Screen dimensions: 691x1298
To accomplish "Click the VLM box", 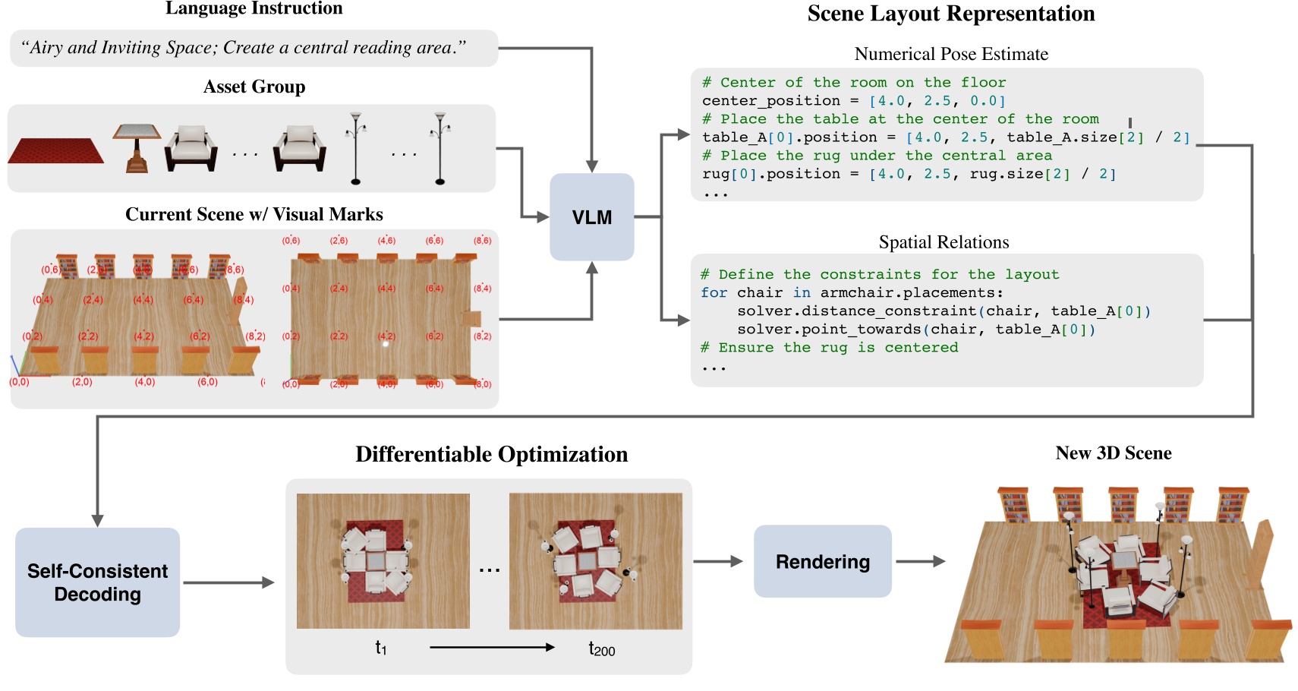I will (591, 217).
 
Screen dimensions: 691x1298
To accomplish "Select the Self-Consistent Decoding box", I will (97, 582).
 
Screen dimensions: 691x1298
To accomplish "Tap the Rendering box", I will (822, 561).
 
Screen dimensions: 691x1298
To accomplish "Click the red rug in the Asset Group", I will (56, 151).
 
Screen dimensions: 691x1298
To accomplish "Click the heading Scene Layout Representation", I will (950, 14).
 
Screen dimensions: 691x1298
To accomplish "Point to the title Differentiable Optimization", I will (491, 454).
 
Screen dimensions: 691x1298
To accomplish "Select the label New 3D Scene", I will (1113, 453).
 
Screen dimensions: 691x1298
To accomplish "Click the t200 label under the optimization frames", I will (601, 648).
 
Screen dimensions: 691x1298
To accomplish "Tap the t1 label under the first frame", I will (381, 648).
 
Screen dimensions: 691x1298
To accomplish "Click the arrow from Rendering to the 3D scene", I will (920, 562).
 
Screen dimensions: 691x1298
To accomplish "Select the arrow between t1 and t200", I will (492, 648).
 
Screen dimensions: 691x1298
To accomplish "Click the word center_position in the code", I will (770, 101).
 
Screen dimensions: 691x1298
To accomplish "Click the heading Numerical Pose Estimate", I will (950, 54).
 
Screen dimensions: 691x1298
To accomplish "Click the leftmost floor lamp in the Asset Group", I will (355, 148).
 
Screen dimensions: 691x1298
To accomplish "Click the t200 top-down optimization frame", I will (595, 561).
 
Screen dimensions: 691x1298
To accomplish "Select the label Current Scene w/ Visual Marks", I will (254, 214).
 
